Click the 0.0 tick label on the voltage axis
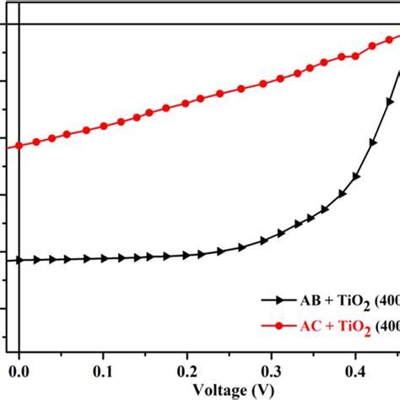tap(18, 370)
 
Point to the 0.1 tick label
tap(102, 370)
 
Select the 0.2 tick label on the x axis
tap(186, 370)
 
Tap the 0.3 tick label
tap(271, 370)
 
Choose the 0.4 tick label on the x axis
tap(355, 370)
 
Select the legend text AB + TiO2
tap(330, 300)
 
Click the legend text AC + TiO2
tap(330, 327)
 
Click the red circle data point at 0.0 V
tap(19, 147)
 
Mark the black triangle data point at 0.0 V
tap(19, 260)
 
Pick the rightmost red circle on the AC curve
tap(393, 38)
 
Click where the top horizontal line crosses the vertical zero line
tap(19, 24)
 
